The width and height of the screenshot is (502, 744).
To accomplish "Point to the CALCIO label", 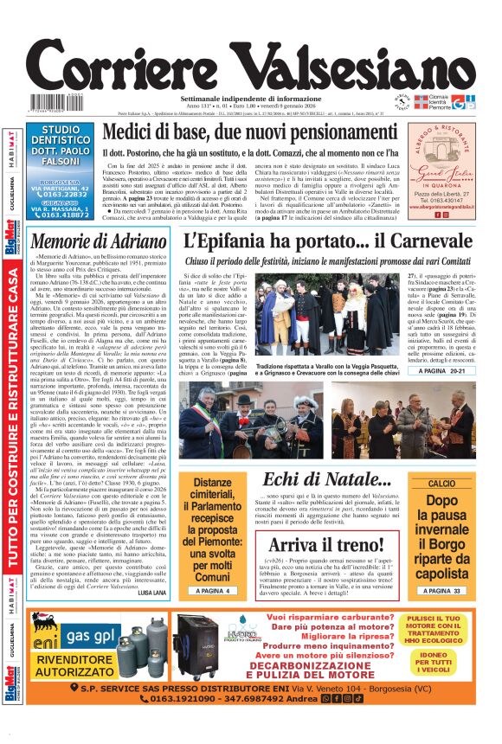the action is pos(448,483).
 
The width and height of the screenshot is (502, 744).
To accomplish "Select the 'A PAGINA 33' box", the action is pos(447,591).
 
